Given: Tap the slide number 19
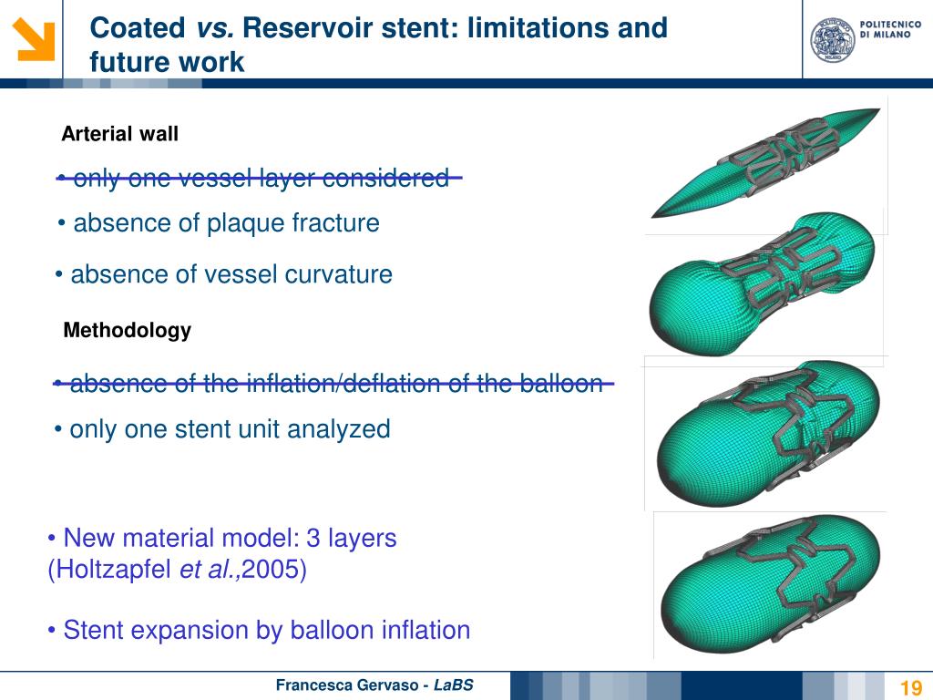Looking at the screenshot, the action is pos(910,687).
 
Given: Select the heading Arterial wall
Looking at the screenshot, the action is pos(119,134).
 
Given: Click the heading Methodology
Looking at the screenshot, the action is pos(127,331).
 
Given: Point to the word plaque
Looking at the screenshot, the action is pos(246,223).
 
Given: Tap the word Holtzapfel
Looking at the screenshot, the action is pos(109,571).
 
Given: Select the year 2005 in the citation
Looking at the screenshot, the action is pos(281,571).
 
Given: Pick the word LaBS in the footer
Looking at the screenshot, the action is pos(453,685).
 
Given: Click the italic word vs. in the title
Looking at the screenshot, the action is pos(215,28).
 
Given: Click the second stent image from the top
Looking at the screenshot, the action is pos(763,283).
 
